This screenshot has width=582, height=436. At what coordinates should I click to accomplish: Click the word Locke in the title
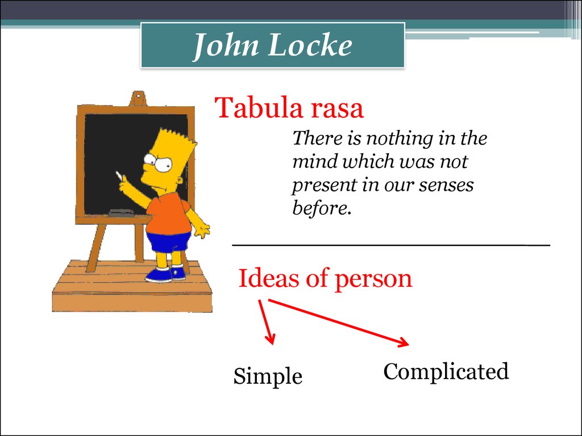[x=309, y=45]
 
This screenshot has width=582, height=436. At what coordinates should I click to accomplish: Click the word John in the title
[x=226, y=45]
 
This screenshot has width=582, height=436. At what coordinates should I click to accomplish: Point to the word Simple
[x=268, y=376]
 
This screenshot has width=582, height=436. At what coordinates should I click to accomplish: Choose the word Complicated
[x=446, y=371]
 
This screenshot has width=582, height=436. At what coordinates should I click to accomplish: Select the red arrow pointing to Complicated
[x=338, y=322]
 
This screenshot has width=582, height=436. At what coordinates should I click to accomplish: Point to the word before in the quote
[x=322, y=208]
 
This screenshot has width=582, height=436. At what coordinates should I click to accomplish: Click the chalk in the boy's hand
[x=118, y=175]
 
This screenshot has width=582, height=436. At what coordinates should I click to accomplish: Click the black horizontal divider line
[x=391, y=245]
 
